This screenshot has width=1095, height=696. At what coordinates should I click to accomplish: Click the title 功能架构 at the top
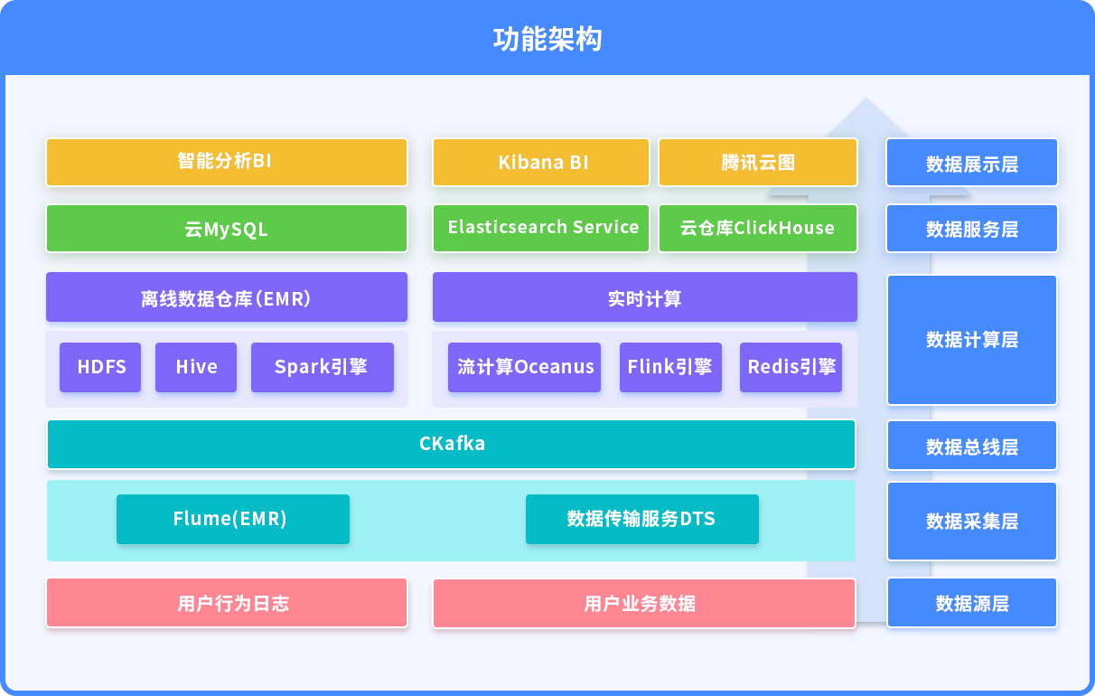click(547, 39)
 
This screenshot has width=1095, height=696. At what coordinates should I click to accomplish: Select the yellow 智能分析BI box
click(227, 163)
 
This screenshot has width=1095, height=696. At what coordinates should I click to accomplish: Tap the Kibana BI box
click(541, 163)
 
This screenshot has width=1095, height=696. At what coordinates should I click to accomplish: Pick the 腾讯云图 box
click(758, 163)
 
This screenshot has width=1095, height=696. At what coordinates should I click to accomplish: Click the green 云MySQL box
click(227, 229)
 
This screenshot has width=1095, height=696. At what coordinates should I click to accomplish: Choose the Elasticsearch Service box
click(541, 229)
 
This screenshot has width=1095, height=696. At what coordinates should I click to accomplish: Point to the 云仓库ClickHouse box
click(758, 229)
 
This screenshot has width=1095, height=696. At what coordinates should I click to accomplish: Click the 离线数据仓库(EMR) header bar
click(227, 297)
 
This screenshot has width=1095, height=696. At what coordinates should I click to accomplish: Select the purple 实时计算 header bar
click(645, 297)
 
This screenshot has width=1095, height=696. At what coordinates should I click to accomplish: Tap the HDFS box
click(100, 367)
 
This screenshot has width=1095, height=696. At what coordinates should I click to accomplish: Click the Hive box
click(196, 367)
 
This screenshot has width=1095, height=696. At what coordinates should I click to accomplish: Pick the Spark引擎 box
click(323, 367)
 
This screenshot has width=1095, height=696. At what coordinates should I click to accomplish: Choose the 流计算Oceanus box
click(525, 367)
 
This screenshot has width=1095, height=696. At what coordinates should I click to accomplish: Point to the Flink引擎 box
click(670, 367)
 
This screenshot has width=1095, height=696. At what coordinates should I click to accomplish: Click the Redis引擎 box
click(791, 367)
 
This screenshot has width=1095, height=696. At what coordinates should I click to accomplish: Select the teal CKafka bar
click(451, 445)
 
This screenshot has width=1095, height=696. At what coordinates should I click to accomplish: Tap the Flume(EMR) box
click(233, 519)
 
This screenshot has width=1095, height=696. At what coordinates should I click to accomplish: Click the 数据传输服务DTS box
click(642, 519)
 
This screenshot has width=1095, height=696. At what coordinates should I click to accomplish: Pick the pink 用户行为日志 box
click(227, 603)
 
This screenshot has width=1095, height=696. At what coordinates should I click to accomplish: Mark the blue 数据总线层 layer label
click(972, 446)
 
